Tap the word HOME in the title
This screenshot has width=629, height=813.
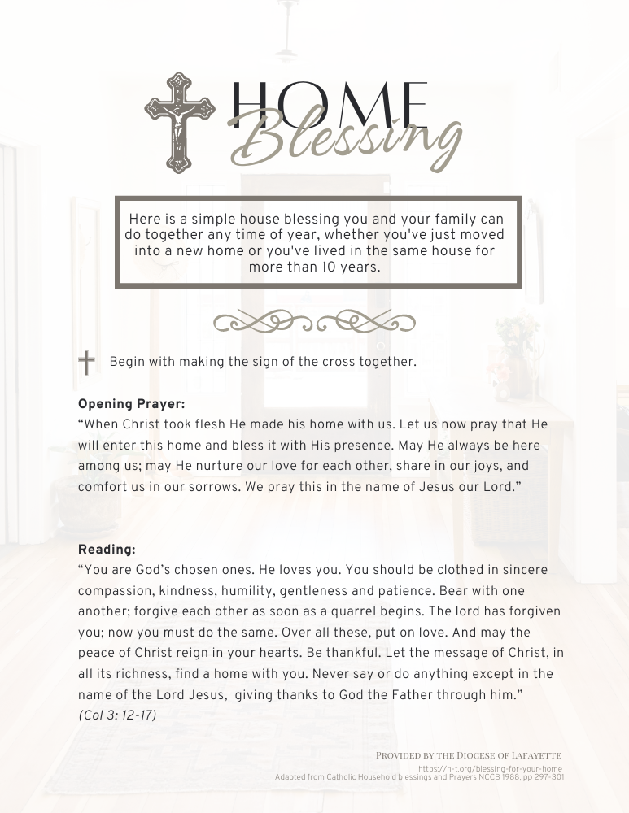coord(330,104)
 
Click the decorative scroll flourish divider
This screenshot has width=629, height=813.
coord(314,322)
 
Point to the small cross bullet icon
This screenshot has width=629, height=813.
coord(86,363)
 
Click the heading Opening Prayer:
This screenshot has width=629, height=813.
coord(131,403)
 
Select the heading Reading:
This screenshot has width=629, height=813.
coord(107,549)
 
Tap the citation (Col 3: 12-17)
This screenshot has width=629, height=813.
coord(117,715)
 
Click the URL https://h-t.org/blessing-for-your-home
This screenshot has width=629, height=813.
coord(490,768)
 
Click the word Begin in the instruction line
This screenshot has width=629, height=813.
coord(128,362)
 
